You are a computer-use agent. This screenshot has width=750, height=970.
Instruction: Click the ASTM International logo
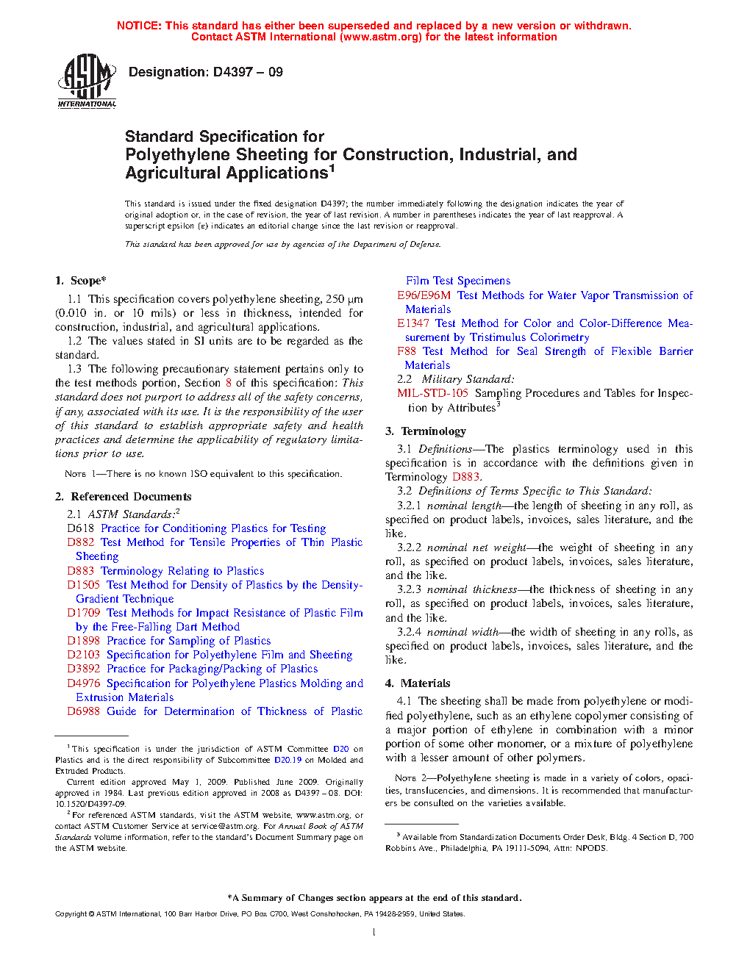pos(87,81)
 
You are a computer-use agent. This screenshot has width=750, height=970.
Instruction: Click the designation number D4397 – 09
pos(247,72)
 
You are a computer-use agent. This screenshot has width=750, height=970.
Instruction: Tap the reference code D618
pos(80,528)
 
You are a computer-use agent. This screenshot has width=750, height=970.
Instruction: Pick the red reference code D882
pos(80,542)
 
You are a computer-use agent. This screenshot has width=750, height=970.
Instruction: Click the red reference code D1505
pos(83,585)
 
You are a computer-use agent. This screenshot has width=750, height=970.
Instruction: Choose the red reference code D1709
pos(83,613)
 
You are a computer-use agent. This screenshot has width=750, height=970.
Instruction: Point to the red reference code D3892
pos(83,669)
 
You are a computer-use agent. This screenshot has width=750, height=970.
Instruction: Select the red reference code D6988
pos(83,711)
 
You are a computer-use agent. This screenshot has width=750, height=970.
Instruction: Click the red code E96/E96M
pos(424,295)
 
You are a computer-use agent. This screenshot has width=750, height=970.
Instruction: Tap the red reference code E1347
pos(413,323)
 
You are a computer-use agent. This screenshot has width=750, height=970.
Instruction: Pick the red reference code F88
pos(406,351)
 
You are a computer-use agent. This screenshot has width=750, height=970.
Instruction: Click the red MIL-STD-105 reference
pos(432,393)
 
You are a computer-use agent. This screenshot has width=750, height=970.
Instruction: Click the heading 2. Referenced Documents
pos(123,497)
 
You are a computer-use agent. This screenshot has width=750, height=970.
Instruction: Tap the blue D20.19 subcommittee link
pos(287,760)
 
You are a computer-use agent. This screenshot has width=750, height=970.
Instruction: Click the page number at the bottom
pos(374,933)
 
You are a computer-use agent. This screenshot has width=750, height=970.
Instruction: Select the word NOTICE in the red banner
pos(138,26)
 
